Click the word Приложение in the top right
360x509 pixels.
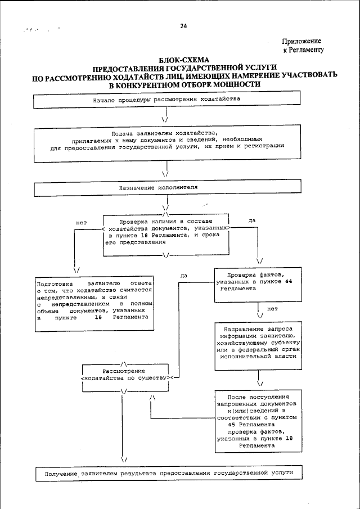301,42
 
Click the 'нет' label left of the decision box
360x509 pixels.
81,222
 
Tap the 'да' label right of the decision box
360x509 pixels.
252,220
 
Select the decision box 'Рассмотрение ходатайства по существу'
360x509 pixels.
124,375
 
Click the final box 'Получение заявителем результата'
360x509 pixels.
166,474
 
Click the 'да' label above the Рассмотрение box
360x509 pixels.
184,276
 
